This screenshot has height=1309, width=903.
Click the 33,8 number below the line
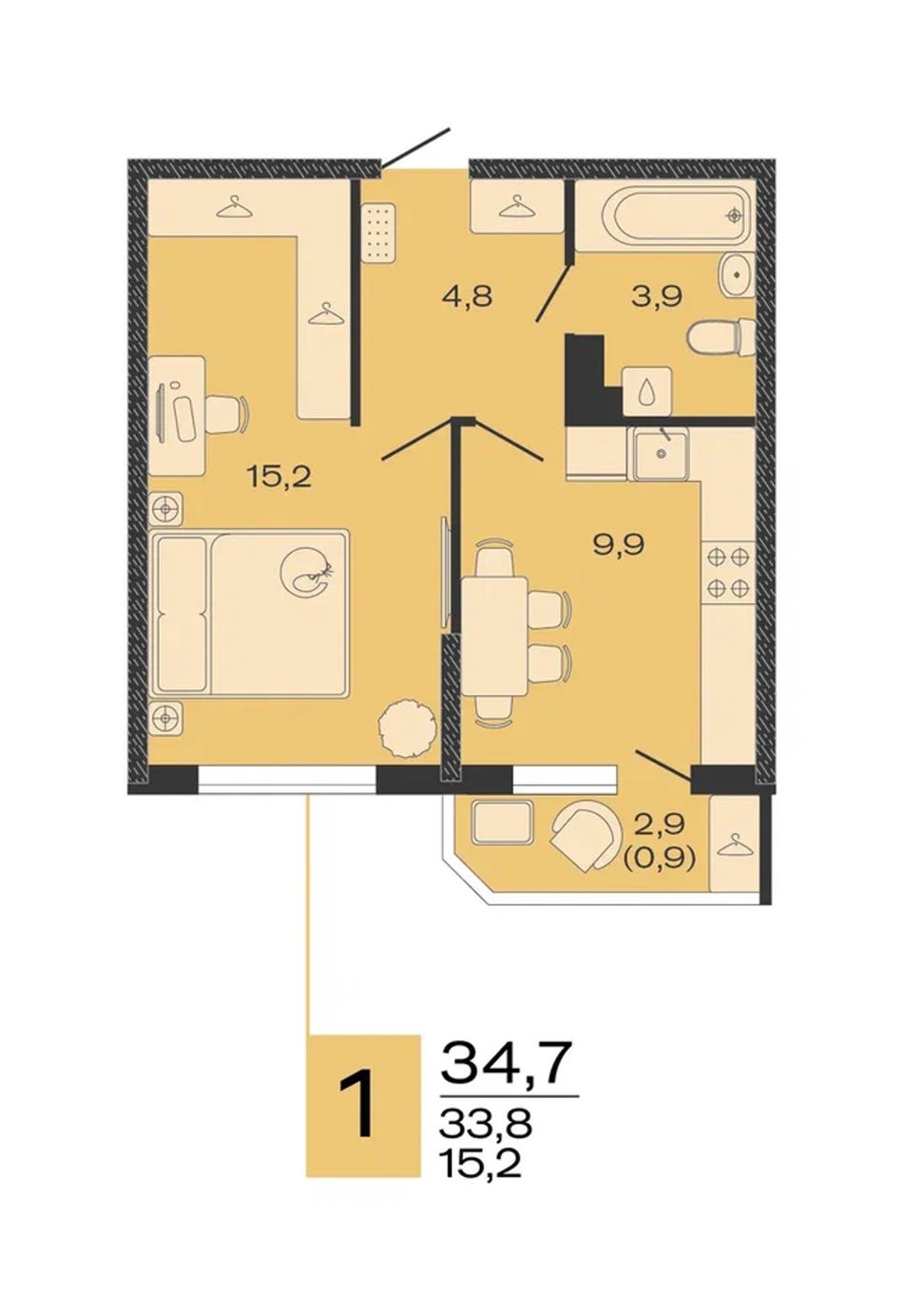[x=486, y=1120]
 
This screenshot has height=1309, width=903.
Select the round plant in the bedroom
[x=407, y=728]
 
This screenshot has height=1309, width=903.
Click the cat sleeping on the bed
[x=307, y=572]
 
